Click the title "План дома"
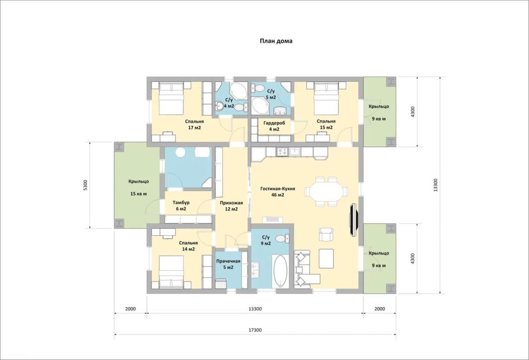point(276,41)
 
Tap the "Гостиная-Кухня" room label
point(277,189)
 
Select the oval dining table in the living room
point(326,192)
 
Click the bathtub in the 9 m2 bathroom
point(280,270)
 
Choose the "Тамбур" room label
point(181,203)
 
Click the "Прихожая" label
point(231,203)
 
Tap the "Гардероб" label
point(274,123)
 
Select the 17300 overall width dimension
point(255,330)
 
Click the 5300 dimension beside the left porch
point(85,185)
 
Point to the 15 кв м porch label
point(139,194)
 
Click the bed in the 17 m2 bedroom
point(172,99)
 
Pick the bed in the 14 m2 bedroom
point(171,272)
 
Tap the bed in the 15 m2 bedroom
point(326,99)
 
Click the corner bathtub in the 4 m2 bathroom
point(238,90)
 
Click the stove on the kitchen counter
point(282,152)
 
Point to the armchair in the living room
point(326,234)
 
